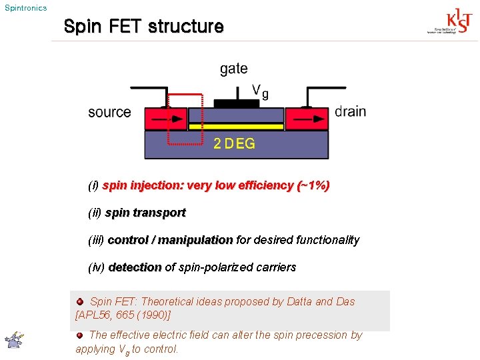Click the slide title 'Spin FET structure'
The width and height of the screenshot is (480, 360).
coord(143,27)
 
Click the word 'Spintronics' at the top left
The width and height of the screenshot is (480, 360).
coord(25,8)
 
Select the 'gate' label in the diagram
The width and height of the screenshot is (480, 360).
coord(233,69)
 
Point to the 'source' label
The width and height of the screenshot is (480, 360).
coord(109,112)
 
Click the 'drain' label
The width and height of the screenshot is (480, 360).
coord(350,111)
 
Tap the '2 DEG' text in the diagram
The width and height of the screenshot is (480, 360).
coord(234,143)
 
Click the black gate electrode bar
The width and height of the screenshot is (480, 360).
coord(237,103)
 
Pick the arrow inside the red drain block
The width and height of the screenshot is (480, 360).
coord(306,119)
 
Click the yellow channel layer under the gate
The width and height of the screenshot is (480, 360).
coord(236,126)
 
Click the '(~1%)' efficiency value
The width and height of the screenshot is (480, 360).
coord(313,185)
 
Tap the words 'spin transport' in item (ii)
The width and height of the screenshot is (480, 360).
coord(145,213)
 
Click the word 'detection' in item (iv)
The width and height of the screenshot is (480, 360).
coord(135,267)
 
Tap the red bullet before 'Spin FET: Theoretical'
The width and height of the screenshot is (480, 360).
coord(81,301)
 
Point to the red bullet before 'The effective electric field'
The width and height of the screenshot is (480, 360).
coord(80,335)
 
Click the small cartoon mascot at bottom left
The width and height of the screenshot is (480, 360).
coord(13,340)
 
